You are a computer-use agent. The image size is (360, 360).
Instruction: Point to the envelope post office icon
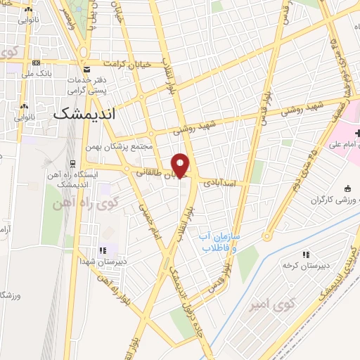point(87,70)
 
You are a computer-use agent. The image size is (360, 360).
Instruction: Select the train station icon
point(72,164)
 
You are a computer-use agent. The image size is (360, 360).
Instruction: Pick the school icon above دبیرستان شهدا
point(103,250)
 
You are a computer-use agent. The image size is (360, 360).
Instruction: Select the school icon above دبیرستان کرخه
point(305,255)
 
